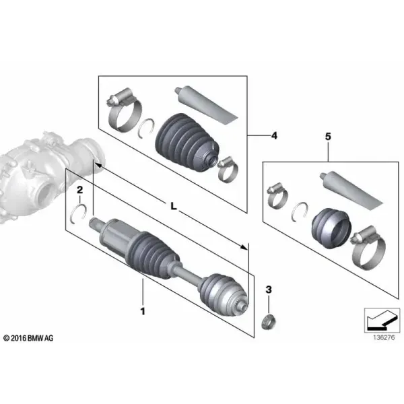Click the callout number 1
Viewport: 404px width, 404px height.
143,311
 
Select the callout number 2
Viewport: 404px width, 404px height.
80,190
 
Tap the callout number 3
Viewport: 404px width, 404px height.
269,290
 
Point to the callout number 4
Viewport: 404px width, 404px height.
274,135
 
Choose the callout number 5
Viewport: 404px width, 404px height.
328,137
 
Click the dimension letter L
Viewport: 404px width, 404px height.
174,206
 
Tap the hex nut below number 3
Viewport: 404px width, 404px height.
268,322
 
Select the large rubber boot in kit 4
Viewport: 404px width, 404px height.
187,142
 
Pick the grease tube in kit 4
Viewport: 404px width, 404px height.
205,106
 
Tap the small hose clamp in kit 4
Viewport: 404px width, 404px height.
228,169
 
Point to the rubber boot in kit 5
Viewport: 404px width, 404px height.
331,228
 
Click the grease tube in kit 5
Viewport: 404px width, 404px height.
351,191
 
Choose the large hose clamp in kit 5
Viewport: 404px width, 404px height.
368,247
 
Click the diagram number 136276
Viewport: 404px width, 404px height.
384,337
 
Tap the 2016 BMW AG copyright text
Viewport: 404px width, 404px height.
28,338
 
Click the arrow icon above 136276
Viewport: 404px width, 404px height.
382,321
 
